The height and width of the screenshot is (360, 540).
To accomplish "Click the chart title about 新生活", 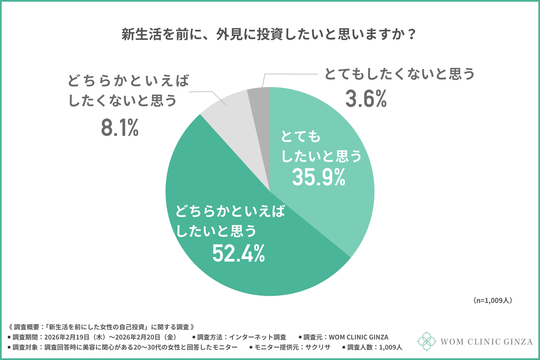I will click(x=269, y=34).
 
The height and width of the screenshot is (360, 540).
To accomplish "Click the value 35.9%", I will click(x=318, y=177).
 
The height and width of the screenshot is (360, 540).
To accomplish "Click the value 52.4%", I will click(x=238, y=253).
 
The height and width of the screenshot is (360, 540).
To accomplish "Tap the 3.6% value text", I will click(x=366, y=99).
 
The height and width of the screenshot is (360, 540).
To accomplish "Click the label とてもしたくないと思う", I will click(x=399, y=74).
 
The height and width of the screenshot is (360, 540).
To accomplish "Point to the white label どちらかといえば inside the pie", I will click(x=230, y=211).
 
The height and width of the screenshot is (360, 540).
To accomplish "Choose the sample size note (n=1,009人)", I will click(x=493, y=300).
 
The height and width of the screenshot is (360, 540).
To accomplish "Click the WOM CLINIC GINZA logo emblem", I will click(x=426, y=341).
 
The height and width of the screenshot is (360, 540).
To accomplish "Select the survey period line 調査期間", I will click(x=93, y=337).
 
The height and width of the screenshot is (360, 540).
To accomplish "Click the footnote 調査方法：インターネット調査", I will click(x=241, y=337).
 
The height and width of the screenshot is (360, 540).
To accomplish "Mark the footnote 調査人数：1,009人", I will click(x=374, y=347).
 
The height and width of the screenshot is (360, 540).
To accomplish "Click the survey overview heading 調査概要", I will click(x=101, y=327).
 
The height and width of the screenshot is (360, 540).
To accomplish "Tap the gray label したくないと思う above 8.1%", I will click(x=122, y=100).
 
